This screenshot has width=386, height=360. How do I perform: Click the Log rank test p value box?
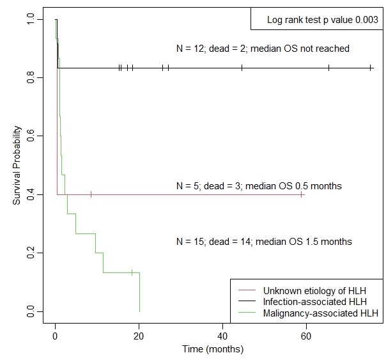315,20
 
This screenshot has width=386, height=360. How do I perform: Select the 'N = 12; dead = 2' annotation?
263,49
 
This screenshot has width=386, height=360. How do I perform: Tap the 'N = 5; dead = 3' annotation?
259,186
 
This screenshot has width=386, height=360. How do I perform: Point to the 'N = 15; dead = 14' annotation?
264,242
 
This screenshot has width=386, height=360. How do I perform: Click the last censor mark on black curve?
371,68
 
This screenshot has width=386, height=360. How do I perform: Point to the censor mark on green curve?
132,272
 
